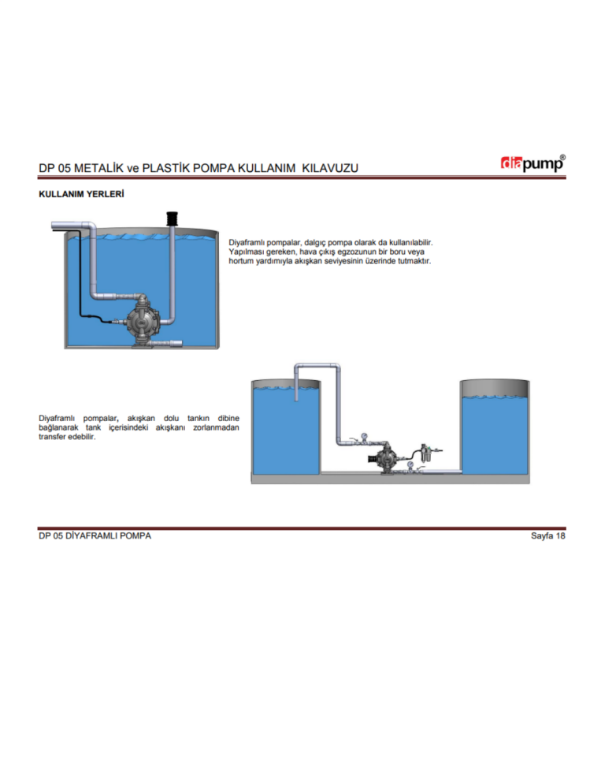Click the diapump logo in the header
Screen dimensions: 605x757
click(533, 163)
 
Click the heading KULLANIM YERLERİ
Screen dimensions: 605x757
click(81, 194)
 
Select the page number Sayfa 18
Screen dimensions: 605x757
click(547, 536)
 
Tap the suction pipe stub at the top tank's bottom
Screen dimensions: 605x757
click(167, 343)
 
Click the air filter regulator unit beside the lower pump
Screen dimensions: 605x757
click(425, 454)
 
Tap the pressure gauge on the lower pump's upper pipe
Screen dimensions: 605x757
click(364, 435)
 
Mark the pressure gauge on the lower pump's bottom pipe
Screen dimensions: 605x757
click(410, 465)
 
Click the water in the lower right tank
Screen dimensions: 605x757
click(495, 434)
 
